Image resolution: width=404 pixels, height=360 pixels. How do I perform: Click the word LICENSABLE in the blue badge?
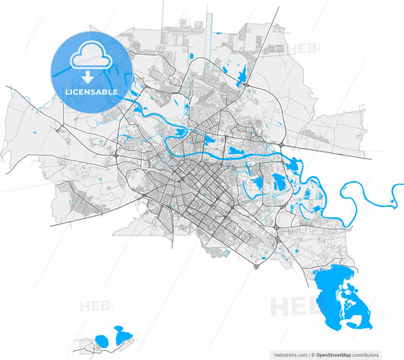coord(91,92)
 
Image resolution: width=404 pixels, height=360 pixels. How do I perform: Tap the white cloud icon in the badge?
coord(89,58)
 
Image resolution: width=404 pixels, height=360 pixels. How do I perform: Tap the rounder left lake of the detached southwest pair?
coord(102,340)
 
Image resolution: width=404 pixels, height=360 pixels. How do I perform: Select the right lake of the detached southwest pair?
coord(121,333)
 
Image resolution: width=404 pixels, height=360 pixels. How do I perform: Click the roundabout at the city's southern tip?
coord(257,266)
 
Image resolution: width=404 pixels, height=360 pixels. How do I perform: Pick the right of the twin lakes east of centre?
coord(279,181)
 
